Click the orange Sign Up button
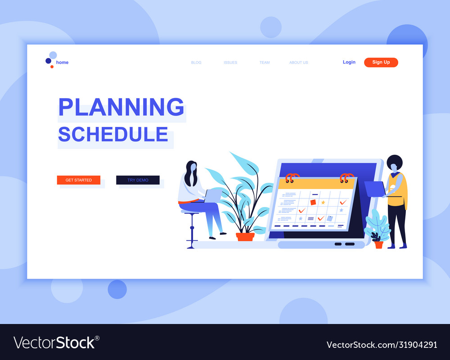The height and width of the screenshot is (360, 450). pyautogui.click(x=381, y=62)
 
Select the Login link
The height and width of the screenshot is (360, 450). pyautogui.click(x=349, y=62)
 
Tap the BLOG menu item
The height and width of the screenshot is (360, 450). pyautogui.click(x=196, y=63)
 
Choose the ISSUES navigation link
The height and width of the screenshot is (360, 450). pyautogui.click(x=230, y=63)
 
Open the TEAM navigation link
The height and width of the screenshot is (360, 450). pyautogui.click(x=265, y=63)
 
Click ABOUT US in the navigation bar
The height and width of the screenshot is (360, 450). pyautogui.click(x=299, y=63)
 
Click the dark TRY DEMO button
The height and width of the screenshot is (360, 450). pyautogui.click(x=138, y=180)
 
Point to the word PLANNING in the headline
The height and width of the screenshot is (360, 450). pyautogui.click(x=121, y=107)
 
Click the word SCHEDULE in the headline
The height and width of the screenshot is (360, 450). pyautogui.click(x=113, y=135)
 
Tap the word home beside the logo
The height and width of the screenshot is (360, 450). pyautogui.click(x=63, y=63)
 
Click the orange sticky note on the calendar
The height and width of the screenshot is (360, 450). pyautogui.click(x=313, y=202)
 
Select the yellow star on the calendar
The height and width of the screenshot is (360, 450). pyautogui.click(x=323, y=202)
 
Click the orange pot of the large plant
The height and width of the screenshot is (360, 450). pyautogui.click(x=245, y=236)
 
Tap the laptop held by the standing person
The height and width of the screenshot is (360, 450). pyautogui.click(x=374, y=189)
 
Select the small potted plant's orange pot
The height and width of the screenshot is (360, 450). pyautogui.click(x=379, y=245)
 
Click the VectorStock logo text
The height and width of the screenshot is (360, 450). pyautogui.click(x=56, y=343)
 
